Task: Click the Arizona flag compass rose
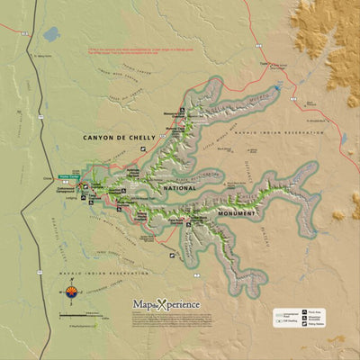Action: tap(73, 291)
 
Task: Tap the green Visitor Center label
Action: tap(68, 176)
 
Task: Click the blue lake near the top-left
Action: tap(50, 35)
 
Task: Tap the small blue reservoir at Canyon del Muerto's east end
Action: tap(279, 89)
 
